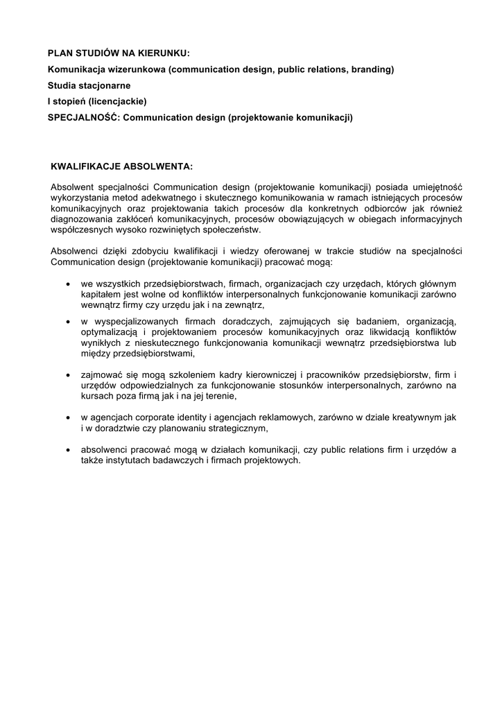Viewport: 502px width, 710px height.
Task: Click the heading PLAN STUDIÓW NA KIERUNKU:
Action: (118, 53)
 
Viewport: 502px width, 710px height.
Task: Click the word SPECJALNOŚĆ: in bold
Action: (83, 117)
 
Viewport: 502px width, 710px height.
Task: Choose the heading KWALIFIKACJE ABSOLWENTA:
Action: (121, 166)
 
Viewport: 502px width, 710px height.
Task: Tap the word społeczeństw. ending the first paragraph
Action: (230, 230)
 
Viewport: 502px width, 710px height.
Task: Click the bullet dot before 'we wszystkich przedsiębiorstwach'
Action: (67, 284)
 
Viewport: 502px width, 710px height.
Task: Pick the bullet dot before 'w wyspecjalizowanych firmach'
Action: (67, 322)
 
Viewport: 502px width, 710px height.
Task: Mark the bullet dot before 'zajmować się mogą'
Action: (67, 375)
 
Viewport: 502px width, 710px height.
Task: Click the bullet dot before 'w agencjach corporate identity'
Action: (67, 418)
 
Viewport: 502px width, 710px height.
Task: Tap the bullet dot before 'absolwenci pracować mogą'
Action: (67, 450)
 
